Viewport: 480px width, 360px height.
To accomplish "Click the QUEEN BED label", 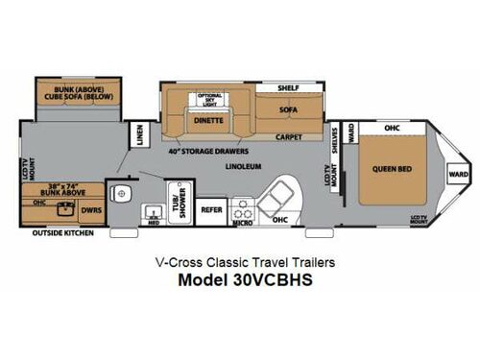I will tap(391, 170).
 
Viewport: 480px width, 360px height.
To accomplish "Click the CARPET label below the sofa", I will tap(292, 136).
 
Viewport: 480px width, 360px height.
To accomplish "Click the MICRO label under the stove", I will tap(243, 223).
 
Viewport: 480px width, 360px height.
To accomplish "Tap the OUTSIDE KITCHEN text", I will tap(61, 234).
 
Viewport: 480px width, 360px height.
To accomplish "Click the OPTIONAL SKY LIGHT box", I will tap(209, 100).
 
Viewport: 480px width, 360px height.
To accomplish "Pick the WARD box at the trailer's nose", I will tap(459, 174).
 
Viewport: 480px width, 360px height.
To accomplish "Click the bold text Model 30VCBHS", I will tap(239, 283).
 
